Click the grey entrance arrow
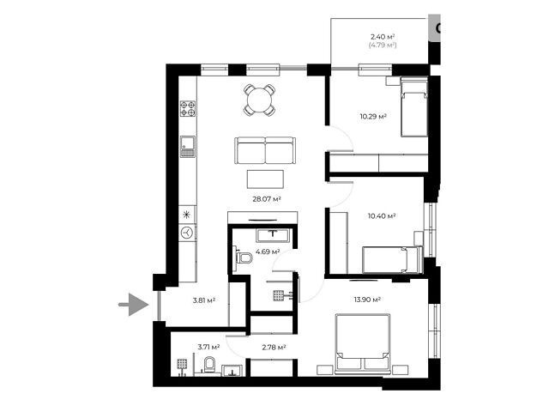tap(136, 305)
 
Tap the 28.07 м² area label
tap(267, 199)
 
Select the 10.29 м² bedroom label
tap(373, 116)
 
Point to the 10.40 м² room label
tap(382, 215)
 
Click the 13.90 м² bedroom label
tap(367, 300)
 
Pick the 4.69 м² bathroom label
tap(268, 251)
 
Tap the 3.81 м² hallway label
tap(204, 300)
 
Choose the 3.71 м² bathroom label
tap(208, 347)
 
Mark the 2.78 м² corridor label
tap(274, 347)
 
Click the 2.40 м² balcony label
tap(383, 36)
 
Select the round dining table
tap(259, 100)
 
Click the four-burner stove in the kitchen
tap(188, 109)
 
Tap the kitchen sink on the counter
tap(188, 147)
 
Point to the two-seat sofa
tap(265, 151)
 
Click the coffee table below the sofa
tap(265, 179)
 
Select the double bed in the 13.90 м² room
tap(363, 343)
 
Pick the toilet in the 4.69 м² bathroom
tap(243, 257)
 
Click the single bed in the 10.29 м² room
tap(414, 108)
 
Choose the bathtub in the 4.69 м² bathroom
tap(273, 235)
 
